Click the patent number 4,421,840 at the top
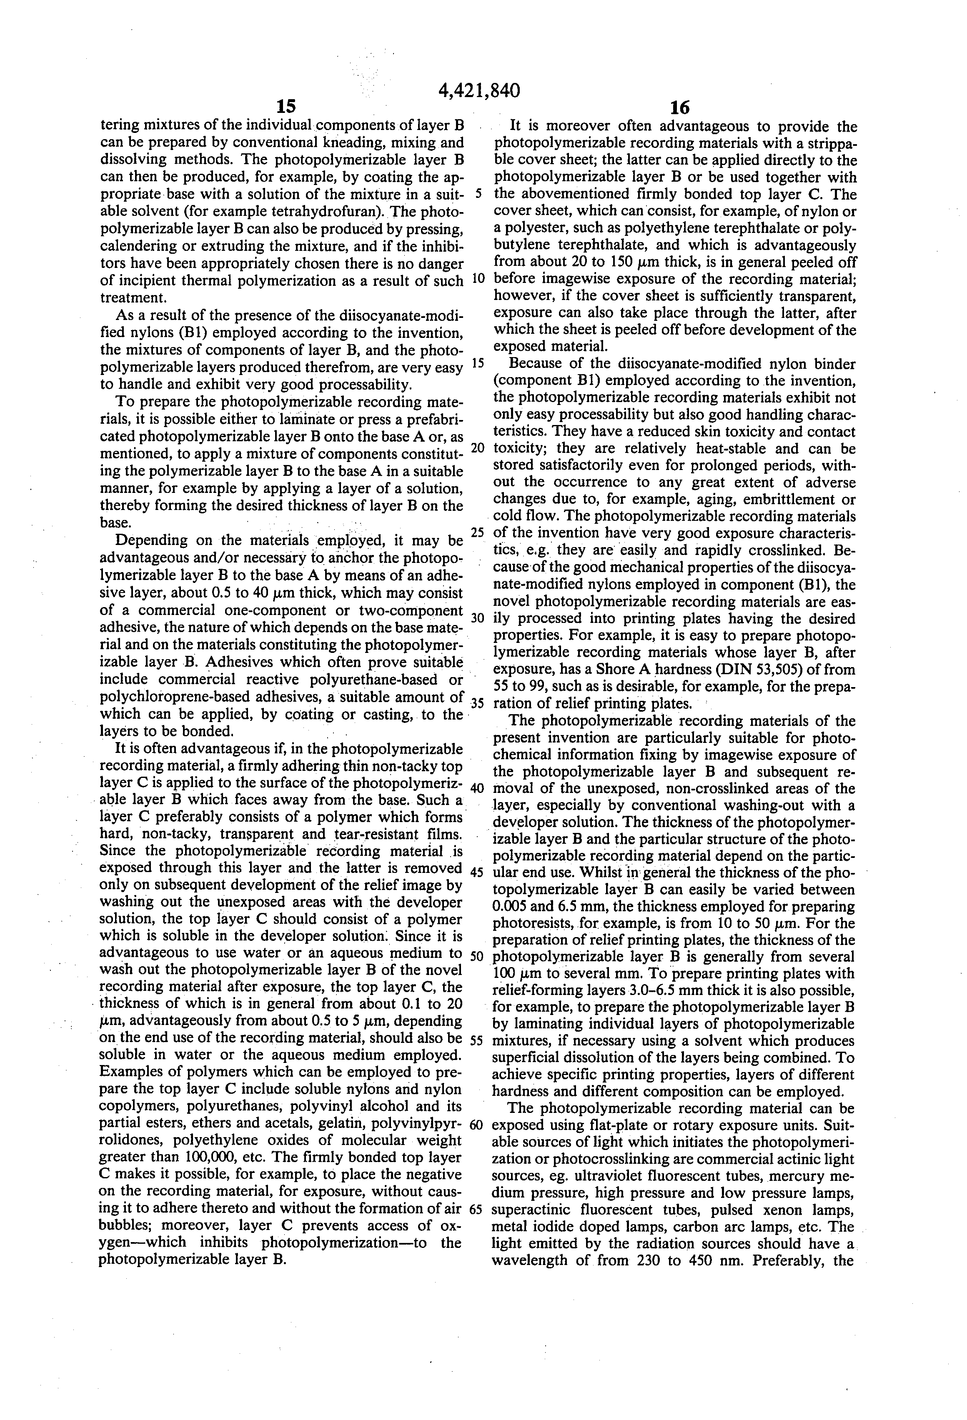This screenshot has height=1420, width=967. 479,90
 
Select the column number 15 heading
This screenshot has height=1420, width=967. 286,107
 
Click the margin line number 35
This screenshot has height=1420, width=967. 477,703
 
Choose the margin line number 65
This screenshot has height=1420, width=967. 477,1209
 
